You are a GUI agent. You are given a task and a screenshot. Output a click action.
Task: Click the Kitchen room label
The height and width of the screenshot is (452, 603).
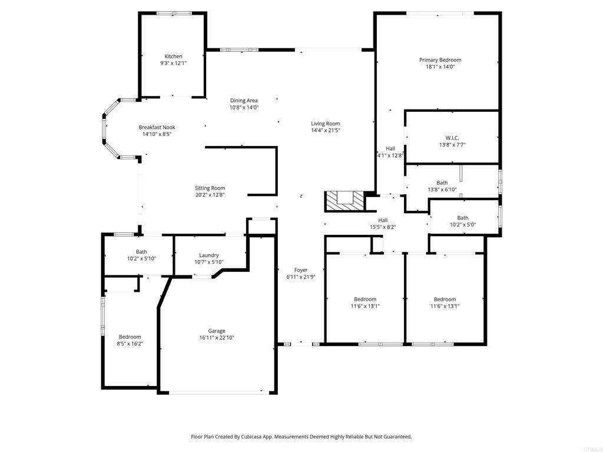174,56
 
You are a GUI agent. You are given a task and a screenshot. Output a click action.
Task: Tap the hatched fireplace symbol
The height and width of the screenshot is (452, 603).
344,201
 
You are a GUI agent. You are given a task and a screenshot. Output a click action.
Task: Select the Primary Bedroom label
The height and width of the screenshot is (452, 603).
440,60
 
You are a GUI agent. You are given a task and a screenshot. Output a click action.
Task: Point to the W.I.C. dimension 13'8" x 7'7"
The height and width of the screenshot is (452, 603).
452,145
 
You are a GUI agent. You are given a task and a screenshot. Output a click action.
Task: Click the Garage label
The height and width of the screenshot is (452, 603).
217,331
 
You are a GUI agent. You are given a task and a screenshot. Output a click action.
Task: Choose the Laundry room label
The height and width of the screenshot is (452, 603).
209,255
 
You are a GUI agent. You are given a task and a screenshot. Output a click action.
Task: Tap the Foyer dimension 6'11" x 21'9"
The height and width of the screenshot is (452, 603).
301,277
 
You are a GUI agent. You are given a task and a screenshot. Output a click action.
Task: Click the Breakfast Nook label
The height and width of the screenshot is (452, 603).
157,127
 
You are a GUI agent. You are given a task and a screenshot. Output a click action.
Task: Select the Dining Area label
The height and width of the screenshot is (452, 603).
244,101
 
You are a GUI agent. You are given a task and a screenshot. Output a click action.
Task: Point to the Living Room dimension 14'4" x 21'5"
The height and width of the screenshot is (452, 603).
325,130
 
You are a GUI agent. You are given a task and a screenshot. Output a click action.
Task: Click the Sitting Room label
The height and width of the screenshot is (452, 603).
210,188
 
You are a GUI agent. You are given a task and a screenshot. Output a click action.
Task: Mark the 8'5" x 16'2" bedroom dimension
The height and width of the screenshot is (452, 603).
130,344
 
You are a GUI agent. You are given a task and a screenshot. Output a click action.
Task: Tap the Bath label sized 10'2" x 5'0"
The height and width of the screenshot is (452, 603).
463,218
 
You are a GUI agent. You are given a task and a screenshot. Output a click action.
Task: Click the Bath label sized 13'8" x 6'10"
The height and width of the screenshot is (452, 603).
442,183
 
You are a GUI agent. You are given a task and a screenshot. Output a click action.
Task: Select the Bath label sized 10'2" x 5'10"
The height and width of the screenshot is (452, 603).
141,252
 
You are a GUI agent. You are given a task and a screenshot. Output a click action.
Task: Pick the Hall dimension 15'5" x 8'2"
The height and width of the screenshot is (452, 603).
383,227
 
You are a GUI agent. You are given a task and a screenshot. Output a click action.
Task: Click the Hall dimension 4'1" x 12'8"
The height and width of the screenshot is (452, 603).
390,155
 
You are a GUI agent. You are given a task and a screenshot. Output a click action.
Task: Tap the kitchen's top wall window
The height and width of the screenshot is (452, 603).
174,14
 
